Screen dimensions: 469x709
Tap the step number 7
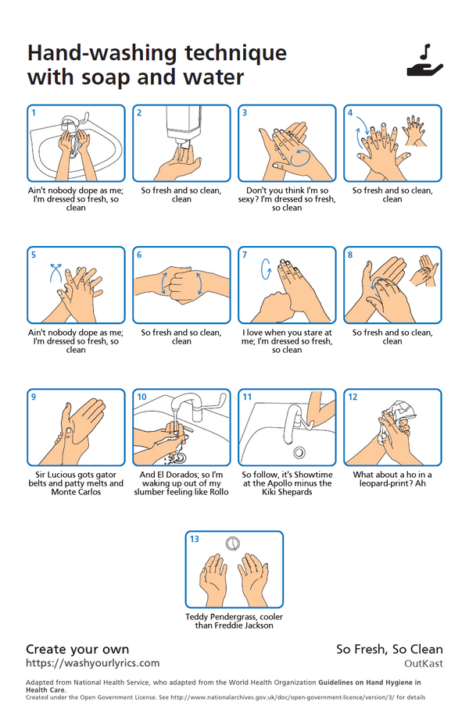click(245, 255)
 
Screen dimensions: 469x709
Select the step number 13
click(194, 539)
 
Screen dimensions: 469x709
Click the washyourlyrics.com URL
click(93, 663)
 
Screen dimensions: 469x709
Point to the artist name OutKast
click(424, 664)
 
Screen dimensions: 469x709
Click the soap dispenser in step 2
click(184, 126)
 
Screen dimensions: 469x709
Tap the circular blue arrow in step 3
click(299, 158)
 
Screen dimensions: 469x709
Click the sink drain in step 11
click(299, 452)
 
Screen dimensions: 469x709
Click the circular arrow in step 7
click(266, 269)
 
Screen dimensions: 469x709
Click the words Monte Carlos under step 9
click(76, 492)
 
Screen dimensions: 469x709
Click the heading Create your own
click(77, 650)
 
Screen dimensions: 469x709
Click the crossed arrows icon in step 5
click(55, 273)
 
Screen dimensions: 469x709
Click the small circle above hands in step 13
click(232, 543)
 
